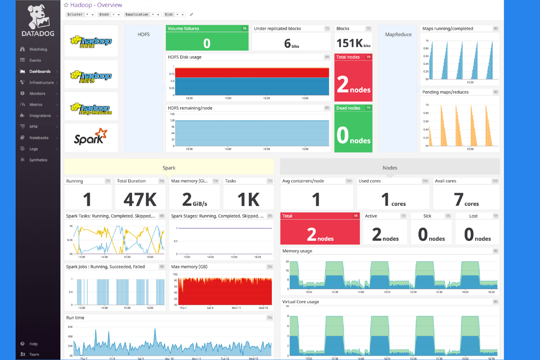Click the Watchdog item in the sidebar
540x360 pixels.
click(x=38, y=49)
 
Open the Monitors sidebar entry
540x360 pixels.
click(x=37, y=94)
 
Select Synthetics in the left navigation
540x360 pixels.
click(x=38, y=160)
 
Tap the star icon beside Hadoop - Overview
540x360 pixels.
click(x=66, y=5)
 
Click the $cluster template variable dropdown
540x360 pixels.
click(x=81, y=15)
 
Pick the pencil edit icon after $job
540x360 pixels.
click(x=191, y=15)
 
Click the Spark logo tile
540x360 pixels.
click(x=91, y=137)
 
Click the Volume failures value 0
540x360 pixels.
click(x=207, y=43)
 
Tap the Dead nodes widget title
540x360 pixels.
click(x=348, y=108)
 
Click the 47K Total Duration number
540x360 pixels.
click(x=140, y=200)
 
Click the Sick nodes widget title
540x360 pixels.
click(x=427, y=216)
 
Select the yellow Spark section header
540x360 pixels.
click(x=169, y=168)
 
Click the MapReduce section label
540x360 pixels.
click(x=398, y=35)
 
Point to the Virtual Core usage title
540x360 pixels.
click(x=301, y=302)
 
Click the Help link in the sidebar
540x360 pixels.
click(x=33, y=344)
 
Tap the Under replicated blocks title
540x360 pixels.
click(x=277, y=28)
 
